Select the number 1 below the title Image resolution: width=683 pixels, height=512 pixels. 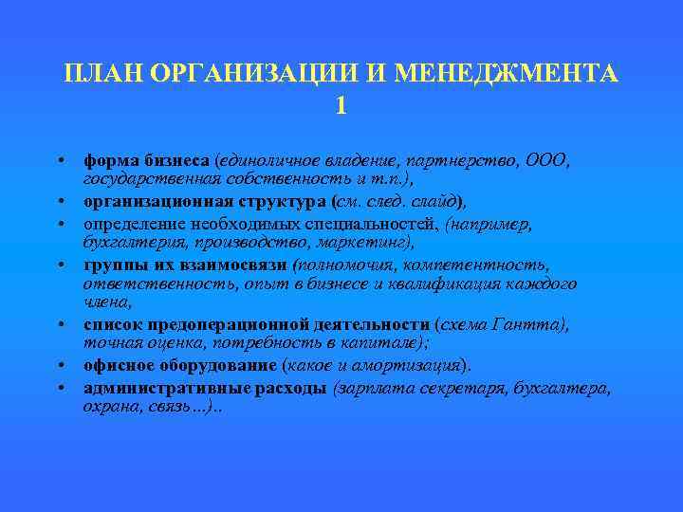(341, 106)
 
